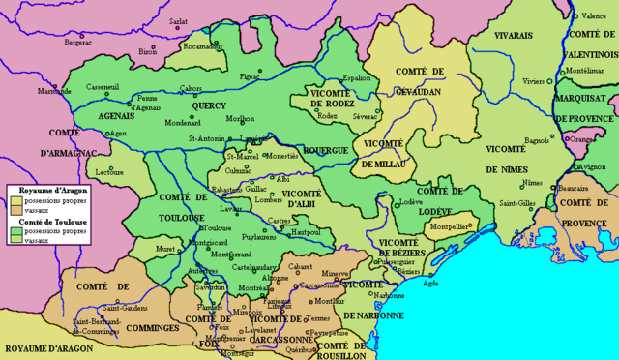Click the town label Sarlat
[179, 20]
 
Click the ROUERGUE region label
[327, 151]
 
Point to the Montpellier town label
[450, 226]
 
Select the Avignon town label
[594, 166]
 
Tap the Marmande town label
[54, 91]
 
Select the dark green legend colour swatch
[16, 232]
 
